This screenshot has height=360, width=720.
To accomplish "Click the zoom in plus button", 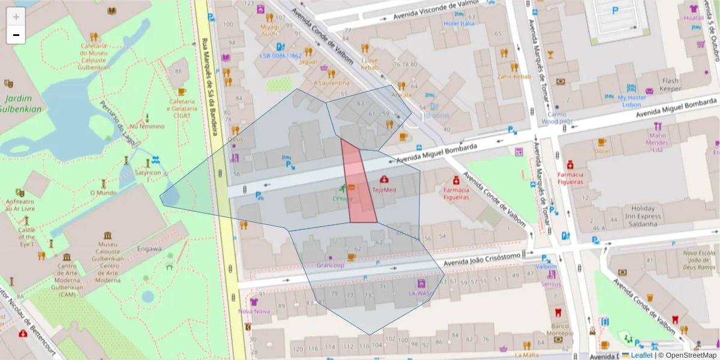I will [16, 17].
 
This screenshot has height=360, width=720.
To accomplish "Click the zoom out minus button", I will [16, 35].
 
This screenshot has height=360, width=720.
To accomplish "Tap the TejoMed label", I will [384, 190].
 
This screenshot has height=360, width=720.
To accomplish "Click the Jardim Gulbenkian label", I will [22, 104].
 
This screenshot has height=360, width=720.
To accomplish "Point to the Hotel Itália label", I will [458, 23].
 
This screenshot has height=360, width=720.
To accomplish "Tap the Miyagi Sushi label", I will [269, 30].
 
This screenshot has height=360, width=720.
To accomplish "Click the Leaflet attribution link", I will [641, 355].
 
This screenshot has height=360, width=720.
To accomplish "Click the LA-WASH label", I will [421, 293].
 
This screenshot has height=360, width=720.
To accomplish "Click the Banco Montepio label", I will [559, 329].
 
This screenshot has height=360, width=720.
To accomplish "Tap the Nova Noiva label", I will [253, 311].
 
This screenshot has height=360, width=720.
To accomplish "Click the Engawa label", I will [149, 248].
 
